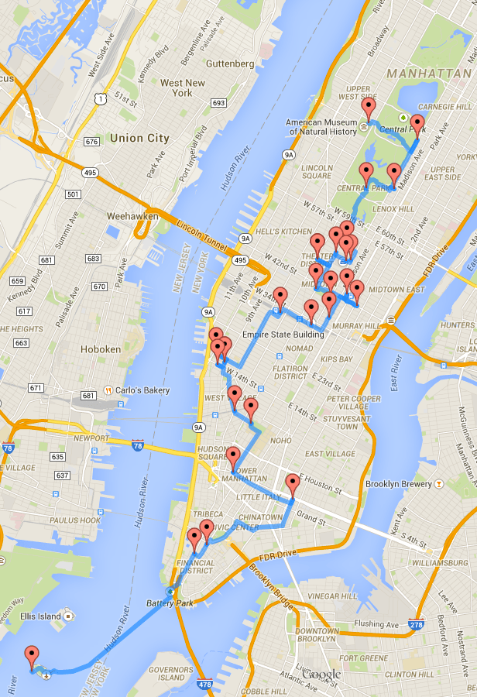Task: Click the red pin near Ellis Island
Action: tap(32, 657)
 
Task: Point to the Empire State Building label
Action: tap(283, 335)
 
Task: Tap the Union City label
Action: tap(139, 138)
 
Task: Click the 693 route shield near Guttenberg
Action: tap(218, 103)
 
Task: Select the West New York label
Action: tap(183, 88)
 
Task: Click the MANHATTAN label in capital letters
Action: tap(430, 73)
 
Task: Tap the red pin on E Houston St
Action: tap(292, 485)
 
